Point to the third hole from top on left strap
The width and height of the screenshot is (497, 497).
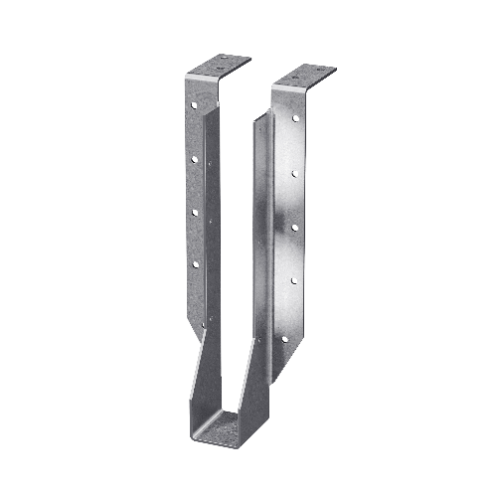click(195, 211)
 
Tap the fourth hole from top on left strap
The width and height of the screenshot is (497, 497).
click(195, 264)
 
